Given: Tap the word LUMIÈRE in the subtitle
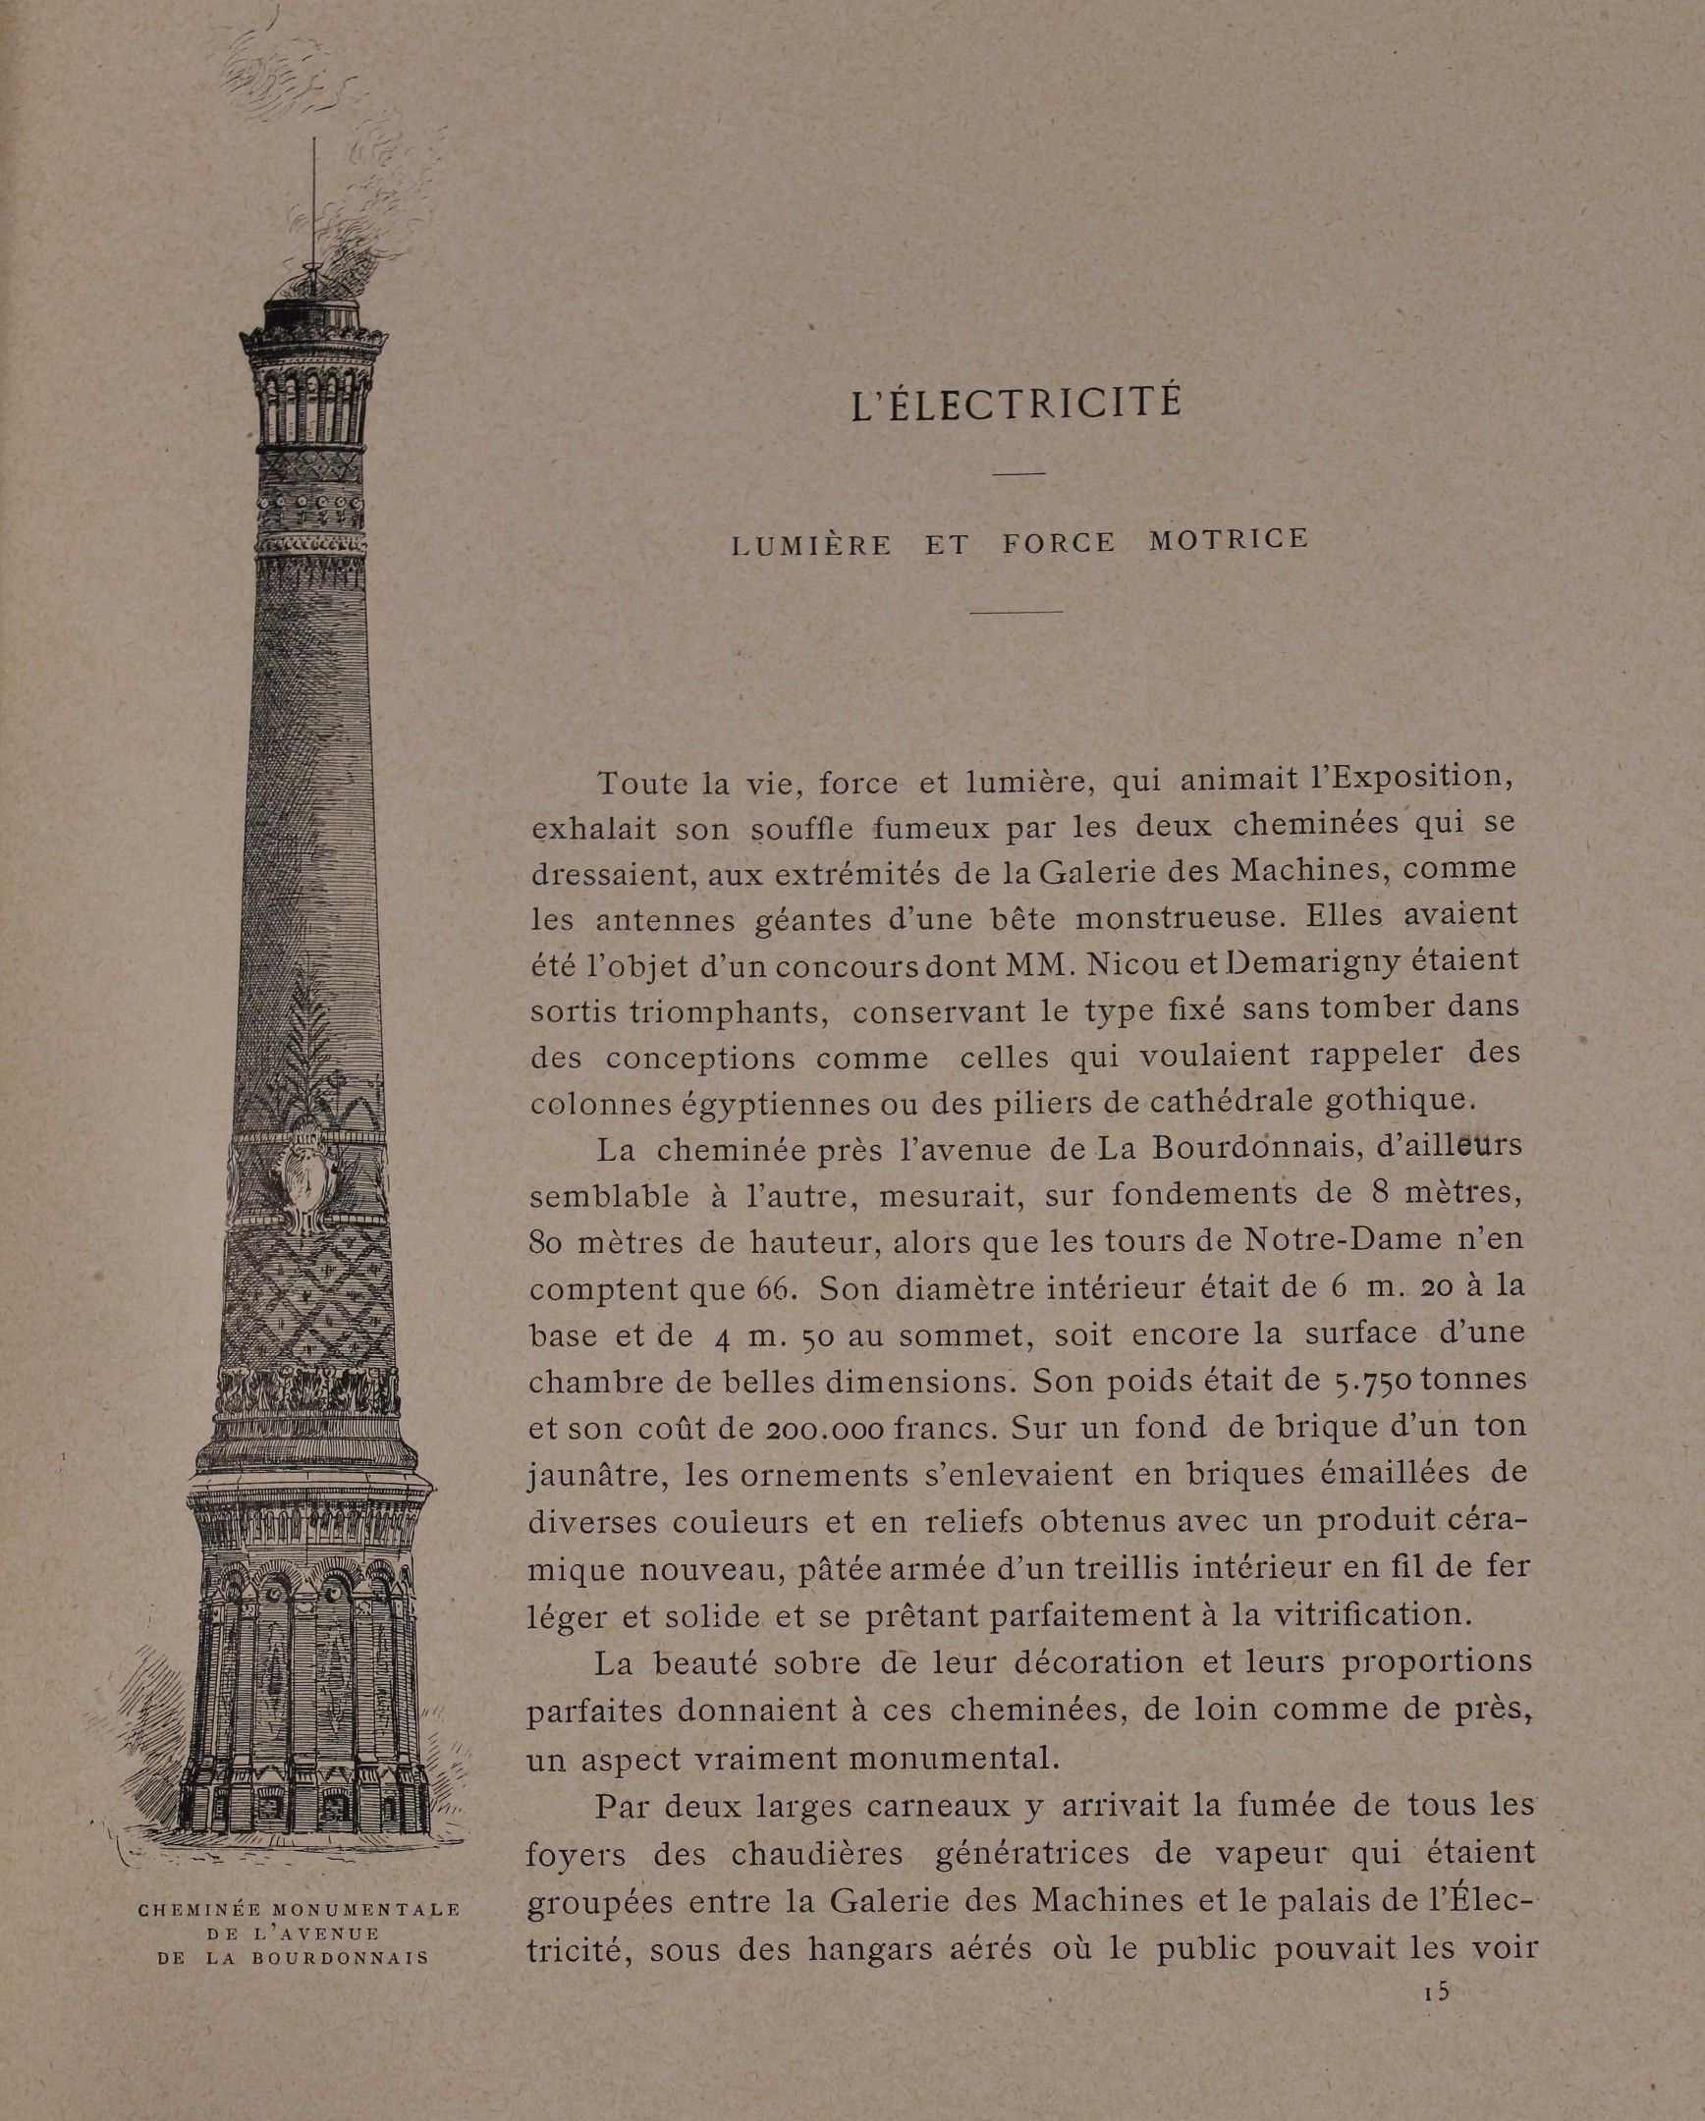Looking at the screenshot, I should pyautogui.click(x=811, y=544).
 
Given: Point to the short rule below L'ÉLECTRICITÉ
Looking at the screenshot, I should pyautogui.click(x=1018, y=474).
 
